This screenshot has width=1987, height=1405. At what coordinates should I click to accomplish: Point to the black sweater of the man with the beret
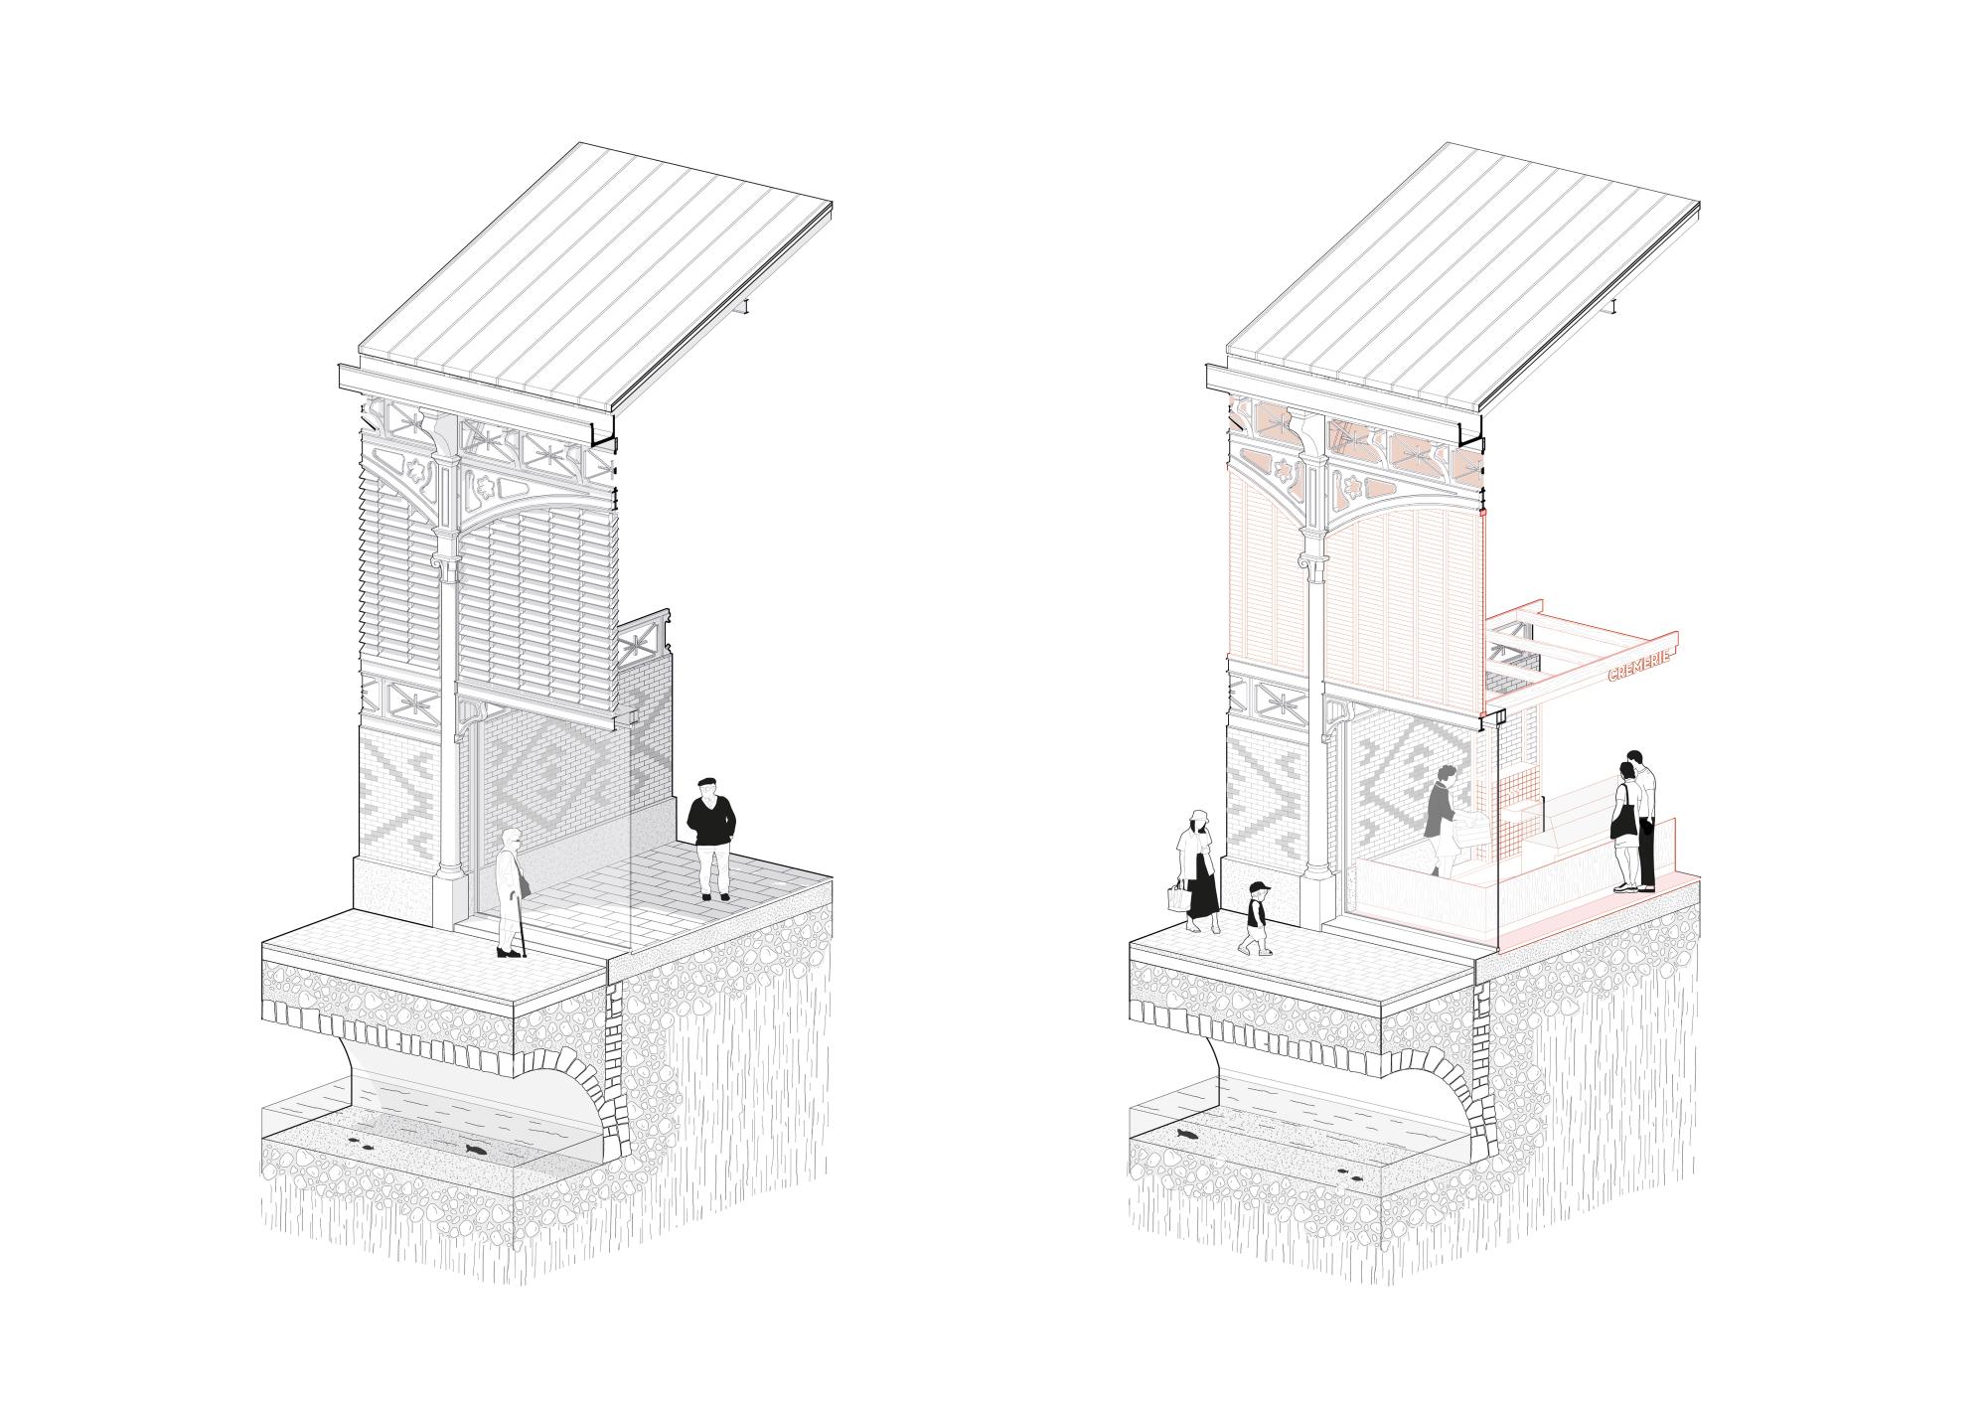point(710,821)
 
